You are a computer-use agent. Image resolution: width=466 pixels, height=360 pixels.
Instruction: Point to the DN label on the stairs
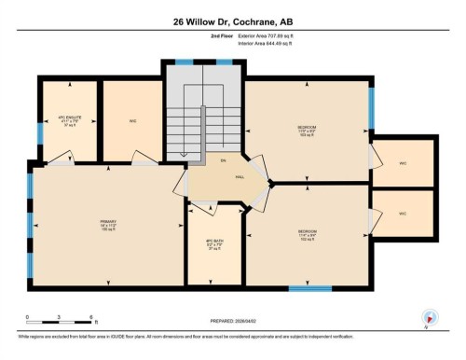pyautogui.click(x=211, y=159)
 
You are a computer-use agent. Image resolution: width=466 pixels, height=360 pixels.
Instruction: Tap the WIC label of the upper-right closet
pyautogui.click(x=403, y=162)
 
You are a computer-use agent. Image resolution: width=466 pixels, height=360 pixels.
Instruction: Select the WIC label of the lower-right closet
pyautogui.click(x=403, y=214)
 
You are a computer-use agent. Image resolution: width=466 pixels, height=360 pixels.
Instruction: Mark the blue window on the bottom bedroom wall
pyautogui.click(x=309, y=288)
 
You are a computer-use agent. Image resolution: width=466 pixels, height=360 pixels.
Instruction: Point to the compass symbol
pyautogui.click(x=430, y=316)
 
